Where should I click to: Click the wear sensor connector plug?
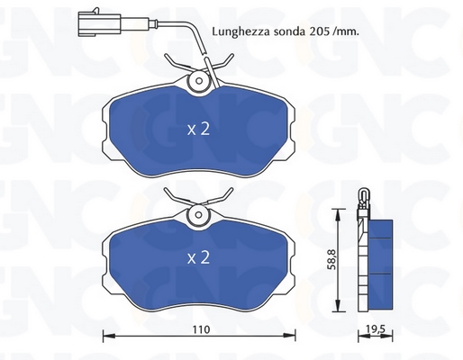coord(99,22)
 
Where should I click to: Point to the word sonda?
coord(289,31)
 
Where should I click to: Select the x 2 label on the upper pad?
coord(198,130)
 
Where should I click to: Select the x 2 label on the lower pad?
coord(198,258)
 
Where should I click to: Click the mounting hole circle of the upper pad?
coord(198,81)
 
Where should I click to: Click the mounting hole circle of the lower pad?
coord(198,214)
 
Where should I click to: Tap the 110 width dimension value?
coord(201,329)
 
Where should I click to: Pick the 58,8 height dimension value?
coord(331,259)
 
